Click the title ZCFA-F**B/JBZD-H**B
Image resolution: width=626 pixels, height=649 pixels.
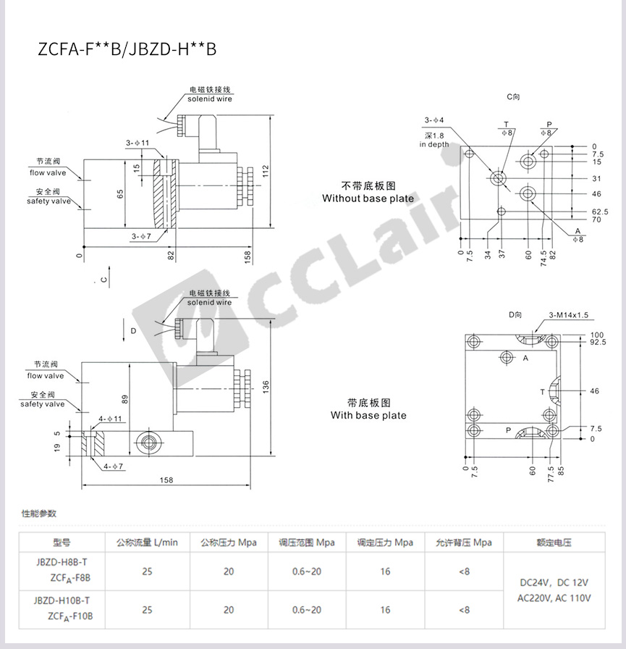(x=127, y=49)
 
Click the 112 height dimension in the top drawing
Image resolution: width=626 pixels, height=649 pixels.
(x=265, y=171)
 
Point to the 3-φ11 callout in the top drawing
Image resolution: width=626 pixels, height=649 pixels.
(x=138, y=143)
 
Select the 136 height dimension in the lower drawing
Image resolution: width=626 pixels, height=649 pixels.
(x=266, y=387)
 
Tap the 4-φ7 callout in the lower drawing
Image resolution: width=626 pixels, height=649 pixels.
(x=114, y=466)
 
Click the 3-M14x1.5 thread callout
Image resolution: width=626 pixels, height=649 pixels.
(x=569, y=315)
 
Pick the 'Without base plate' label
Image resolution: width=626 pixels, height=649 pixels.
(x=368, y=198)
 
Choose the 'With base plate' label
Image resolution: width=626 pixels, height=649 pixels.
(x=368, y=415)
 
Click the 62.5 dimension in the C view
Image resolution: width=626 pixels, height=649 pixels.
(x=599, y=212)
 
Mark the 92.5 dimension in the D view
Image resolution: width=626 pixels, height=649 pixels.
(x=598, y=343)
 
